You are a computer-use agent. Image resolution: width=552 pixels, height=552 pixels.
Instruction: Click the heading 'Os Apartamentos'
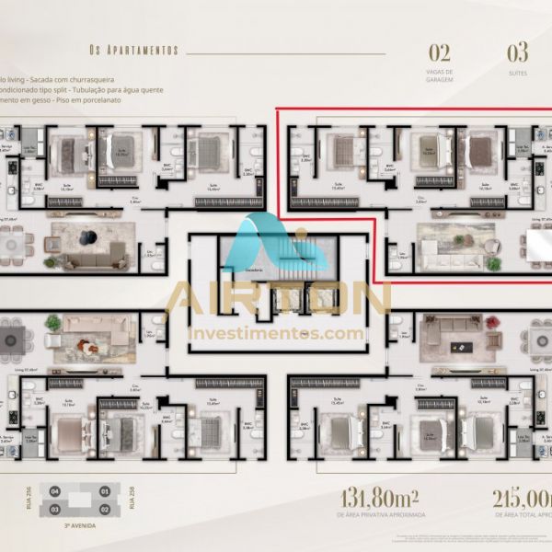point(133,50)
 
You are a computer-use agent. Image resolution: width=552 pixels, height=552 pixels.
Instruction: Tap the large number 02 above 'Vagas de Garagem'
point(440,52)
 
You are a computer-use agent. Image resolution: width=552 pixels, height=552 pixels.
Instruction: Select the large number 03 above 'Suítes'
point(518,52)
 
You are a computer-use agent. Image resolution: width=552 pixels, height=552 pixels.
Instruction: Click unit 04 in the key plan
point(55,492)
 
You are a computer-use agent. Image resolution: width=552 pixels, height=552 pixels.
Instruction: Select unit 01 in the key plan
point(104,492)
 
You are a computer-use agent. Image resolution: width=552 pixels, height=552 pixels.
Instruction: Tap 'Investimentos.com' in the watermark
point(276,333)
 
